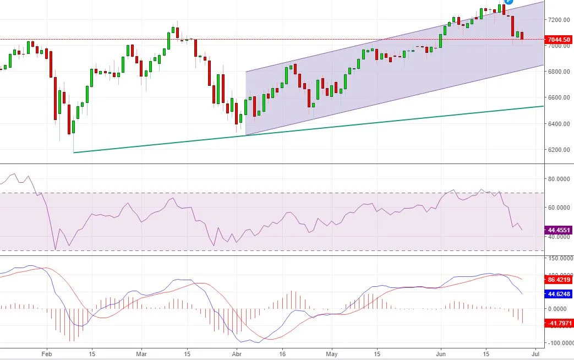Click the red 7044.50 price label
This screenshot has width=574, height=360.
click(559, 39)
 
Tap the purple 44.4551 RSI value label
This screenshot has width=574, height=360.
click(559, 230)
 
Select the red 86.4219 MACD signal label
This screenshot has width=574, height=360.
click(559, 279)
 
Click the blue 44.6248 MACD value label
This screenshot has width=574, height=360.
click(559, 294)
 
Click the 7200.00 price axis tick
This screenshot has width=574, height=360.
click(559, 20)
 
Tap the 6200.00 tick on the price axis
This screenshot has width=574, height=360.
click(559, 150)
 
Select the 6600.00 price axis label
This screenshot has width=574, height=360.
click(559, 98)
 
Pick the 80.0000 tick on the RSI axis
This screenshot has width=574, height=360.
click(559, 179)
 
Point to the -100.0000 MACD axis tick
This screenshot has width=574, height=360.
click(558, 343)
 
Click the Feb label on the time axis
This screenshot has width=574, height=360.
click(46, 353)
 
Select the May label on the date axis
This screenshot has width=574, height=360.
click(331, 353)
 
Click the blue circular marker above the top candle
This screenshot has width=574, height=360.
click(509, 2)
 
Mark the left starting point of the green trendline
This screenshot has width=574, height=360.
click(74, 152)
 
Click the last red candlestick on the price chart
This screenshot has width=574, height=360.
click(522, 36)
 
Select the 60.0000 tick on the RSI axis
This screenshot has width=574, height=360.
click(559, 208)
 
